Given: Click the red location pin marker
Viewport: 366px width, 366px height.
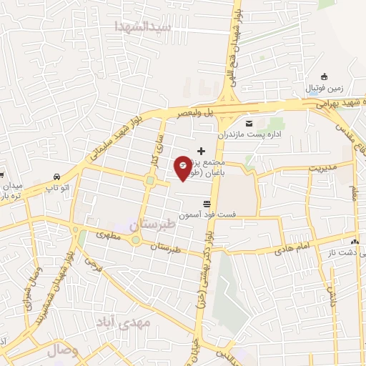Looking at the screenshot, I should [x=184, y=167].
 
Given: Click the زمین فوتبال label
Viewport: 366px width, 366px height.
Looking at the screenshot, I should [x=326, y=88].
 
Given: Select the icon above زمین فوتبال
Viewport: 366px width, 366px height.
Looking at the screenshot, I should [x=325, y=76].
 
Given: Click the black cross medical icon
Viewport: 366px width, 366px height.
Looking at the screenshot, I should [x=201, y=150].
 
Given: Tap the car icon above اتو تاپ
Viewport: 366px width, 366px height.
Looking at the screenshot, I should [x=56, y=176].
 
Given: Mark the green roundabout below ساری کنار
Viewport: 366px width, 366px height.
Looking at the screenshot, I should [x=150, y=180].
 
